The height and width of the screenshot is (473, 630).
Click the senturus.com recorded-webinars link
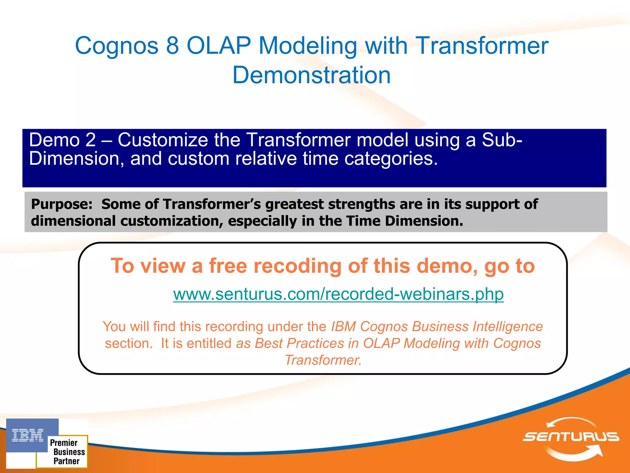click(338, 294)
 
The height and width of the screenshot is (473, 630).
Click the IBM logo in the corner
click(28, 435)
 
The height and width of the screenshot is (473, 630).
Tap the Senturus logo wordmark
click(571, 437)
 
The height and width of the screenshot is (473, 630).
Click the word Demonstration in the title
click(311, 75)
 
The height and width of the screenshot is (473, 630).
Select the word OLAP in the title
click(219, 46)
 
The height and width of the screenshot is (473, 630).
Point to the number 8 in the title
click(173, 46)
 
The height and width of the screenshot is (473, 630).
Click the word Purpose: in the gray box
click(62, 204)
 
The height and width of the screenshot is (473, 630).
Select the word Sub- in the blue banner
click(502, 140)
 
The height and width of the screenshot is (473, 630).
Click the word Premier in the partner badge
click(64, 443)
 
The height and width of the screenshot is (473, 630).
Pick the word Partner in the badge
click(66, 461)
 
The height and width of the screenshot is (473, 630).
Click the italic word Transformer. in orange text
click(323, 360)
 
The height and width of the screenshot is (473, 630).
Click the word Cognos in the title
click(117, 46)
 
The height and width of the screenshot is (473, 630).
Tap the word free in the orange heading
click(228, 266)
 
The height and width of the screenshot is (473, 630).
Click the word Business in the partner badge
click(69, 452)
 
